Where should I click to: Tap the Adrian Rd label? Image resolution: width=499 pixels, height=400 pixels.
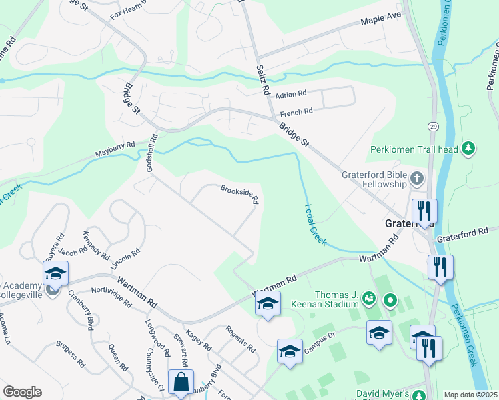290,94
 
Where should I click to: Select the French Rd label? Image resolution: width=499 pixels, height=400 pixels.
296,112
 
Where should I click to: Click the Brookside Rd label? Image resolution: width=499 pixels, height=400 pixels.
239,194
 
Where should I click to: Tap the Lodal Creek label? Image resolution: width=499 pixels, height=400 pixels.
315,225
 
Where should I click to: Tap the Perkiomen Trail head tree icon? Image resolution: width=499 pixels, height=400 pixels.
468,148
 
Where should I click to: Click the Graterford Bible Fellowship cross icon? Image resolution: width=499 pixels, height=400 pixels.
417,178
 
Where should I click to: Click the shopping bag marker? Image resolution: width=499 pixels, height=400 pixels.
181,383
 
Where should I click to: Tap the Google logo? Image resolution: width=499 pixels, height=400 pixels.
22,392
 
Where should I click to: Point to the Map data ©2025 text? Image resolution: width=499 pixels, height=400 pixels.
470,395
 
